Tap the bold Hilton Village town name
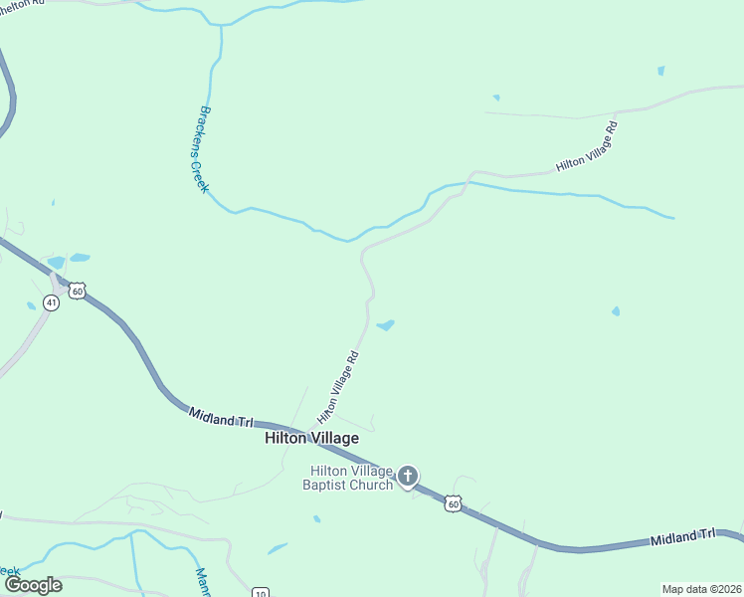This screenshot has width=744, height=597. pos(310,437)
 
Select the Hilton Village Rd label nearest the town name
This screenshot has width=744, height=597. pos(337,386)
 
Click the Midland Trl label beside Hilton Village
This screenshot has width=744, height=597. pos(221,417)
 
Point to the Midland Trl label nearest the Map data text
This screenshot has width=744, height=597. pos(683,537)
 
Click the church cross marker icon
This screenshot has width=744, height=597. pos(408,478)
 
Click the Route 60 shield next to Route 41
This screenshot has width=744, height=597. pos(78,291)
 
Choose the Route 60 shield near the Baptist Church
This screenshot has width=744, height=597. pos(453,504)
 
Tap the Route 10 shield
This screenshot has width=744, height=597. pos(260,591)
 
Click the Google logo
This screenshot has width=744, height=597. pos(33,584)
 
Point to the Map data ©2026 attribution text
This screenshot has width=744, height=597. pos(701,588)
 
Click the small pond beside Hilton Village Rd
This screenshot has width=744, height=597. pos(385,324)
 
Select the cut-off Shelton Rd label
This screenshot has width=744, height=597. pos(22,3)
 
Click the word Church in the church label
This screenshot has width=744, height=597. pos(375,485)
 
